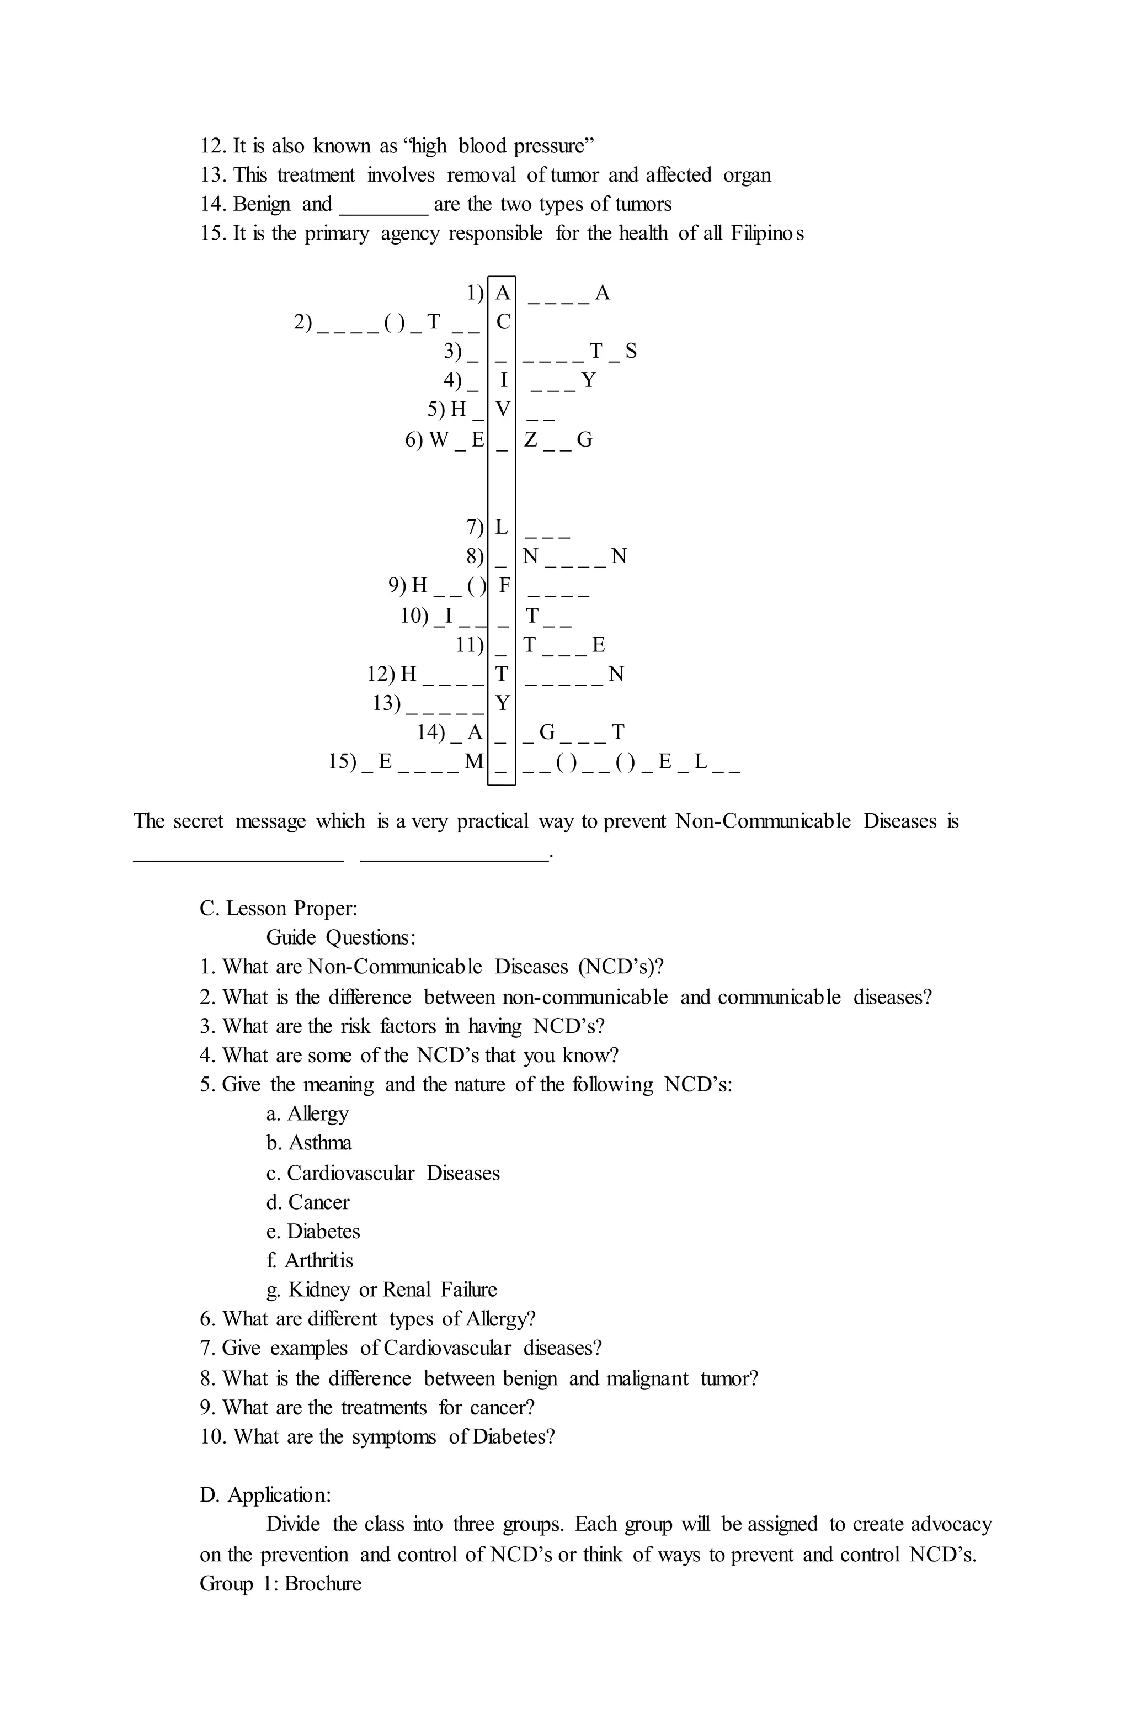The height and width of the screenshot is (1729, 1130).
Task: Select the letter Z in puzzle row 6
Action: click(531, 439)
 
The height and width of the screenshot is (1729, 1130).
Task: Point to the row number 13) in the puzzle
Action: click(387, 703)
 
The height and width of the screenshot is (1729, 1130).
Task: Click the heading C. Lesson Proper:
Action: click(278, 909)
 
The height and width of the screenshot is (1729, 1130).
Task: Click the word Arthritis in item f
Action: click(319, 1260)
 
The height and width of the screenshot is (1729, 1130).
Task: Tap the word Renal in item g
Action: click(407, 1290)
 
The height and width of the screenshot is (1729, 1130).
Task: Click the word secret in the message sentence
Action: click(198, 821)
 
